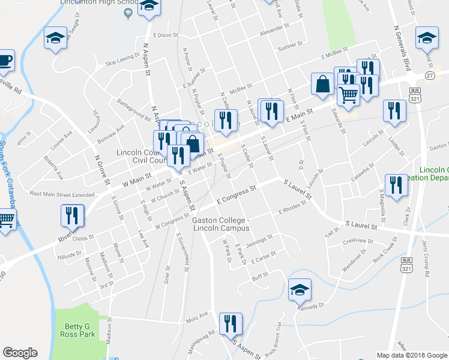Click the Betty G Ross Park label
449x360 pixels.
[77, 330]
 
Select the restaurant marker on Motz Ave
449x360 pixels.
[230, 324]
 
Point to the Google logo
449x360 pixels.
[20, 353]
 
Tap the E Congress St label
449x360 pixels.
[237, 194]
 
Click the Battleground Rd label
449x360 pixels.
[134, 109]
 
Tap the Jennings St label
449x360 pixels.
[260, 239]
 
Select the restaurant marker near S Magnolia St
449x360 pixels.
[395, 185]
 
